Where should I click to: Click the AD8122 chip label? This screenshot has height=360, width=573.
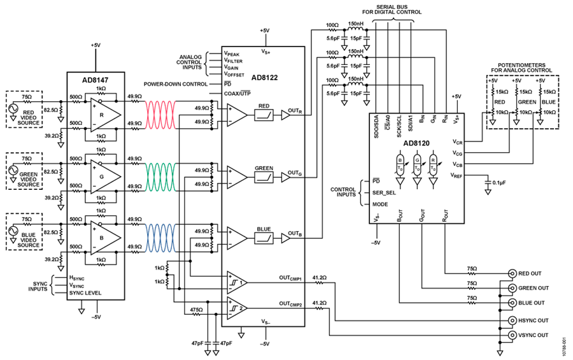265,78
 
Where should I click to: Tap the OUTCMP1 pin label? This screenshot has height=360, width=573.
291,278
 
